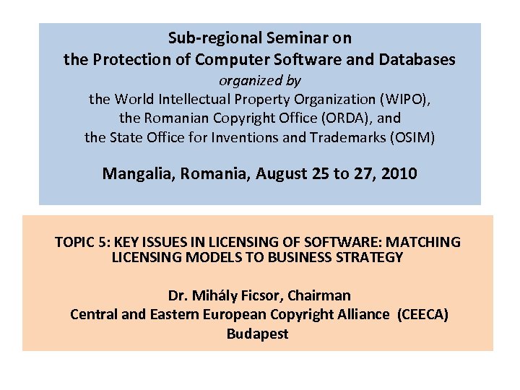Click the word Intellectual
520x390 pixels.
coord(204,98)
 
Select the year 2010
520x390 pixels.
coord(399,173)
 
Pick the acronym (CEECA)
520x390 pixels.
coord(422,314)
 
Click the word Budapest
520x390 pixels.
coord(257,334)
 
